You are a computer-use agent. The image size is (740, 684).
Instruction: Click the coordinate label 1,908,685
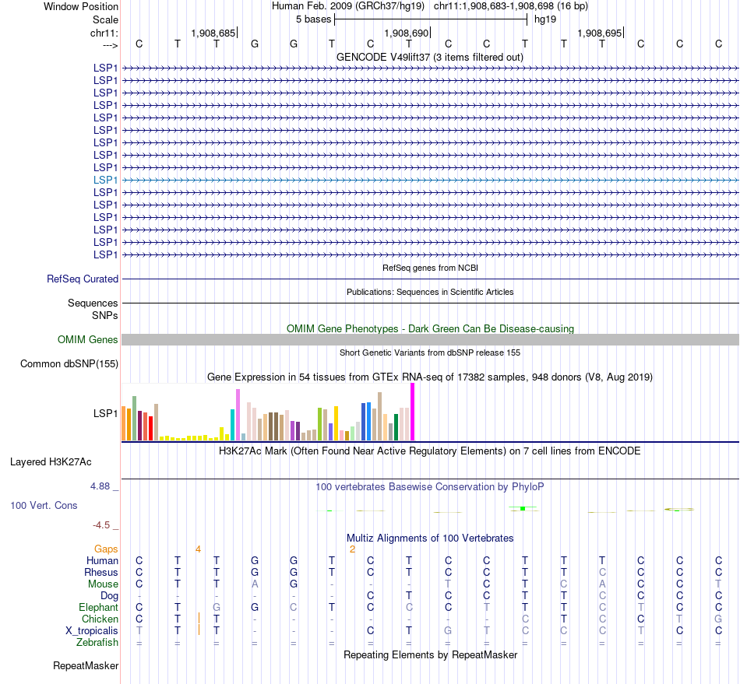pyautogui.click(x=213, y=33)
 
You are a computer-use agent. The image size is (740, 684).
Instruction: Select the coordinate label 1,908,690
pyautogui.click(x=407, y=33)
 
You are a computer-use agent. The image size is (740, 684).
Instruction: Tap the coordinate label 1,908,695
pyautogui.click(x=600, y=33)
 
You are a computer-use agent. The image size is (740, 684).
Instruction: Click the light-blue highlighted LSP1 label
pyautogui.click(x=106, y=180)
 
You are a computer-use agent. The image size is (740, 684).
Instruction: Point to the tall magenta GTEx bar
pyautogui.click(x=412, y=412)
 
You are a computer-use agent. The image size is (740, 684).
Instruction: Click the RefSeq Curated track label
pyautogui.click(x=83, y=279)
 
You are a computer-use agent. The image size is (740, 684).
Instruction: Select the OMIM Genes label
pyautogui.click(x=88, y=339)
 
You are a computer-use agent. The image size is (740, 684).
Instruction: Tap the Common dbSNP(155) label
pyautogui.click(x=69, y=363)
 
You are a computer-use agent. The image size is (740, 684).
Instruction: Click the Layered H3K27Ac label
pyautogui.click(x=51, y=461)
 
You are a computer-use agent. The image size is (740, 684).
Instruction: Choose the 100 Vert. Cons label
pyautogui.click(x=44, y=505)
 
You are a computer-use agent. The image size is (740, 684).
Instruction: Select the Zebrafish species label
pyautogui.click(x=97, y=642)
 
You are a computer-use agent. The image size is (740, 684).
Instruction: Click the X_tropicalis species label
pyautogui.click(x=91, y=630)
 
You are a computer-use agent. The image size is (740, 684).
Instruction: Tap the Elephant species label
pyautogui.click(x=98, y=607)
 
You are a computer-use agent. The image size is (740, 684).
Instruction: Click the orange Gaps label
pyautogui.click(x=106, y=549)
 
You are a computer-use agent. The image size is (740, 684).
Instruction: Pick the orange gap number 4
pyautogui.click(x=198, y=549)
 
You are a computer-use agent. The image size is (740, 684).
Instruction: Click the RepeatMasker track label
pyautogui.click(x=86, y=665)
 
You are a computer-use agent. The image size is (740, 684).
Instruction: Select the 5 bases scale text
pyautogui.click(x=313, y=19)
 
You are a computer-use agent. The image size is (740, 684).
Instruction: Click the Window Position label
pyautogui.click(x=81, y=6)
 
